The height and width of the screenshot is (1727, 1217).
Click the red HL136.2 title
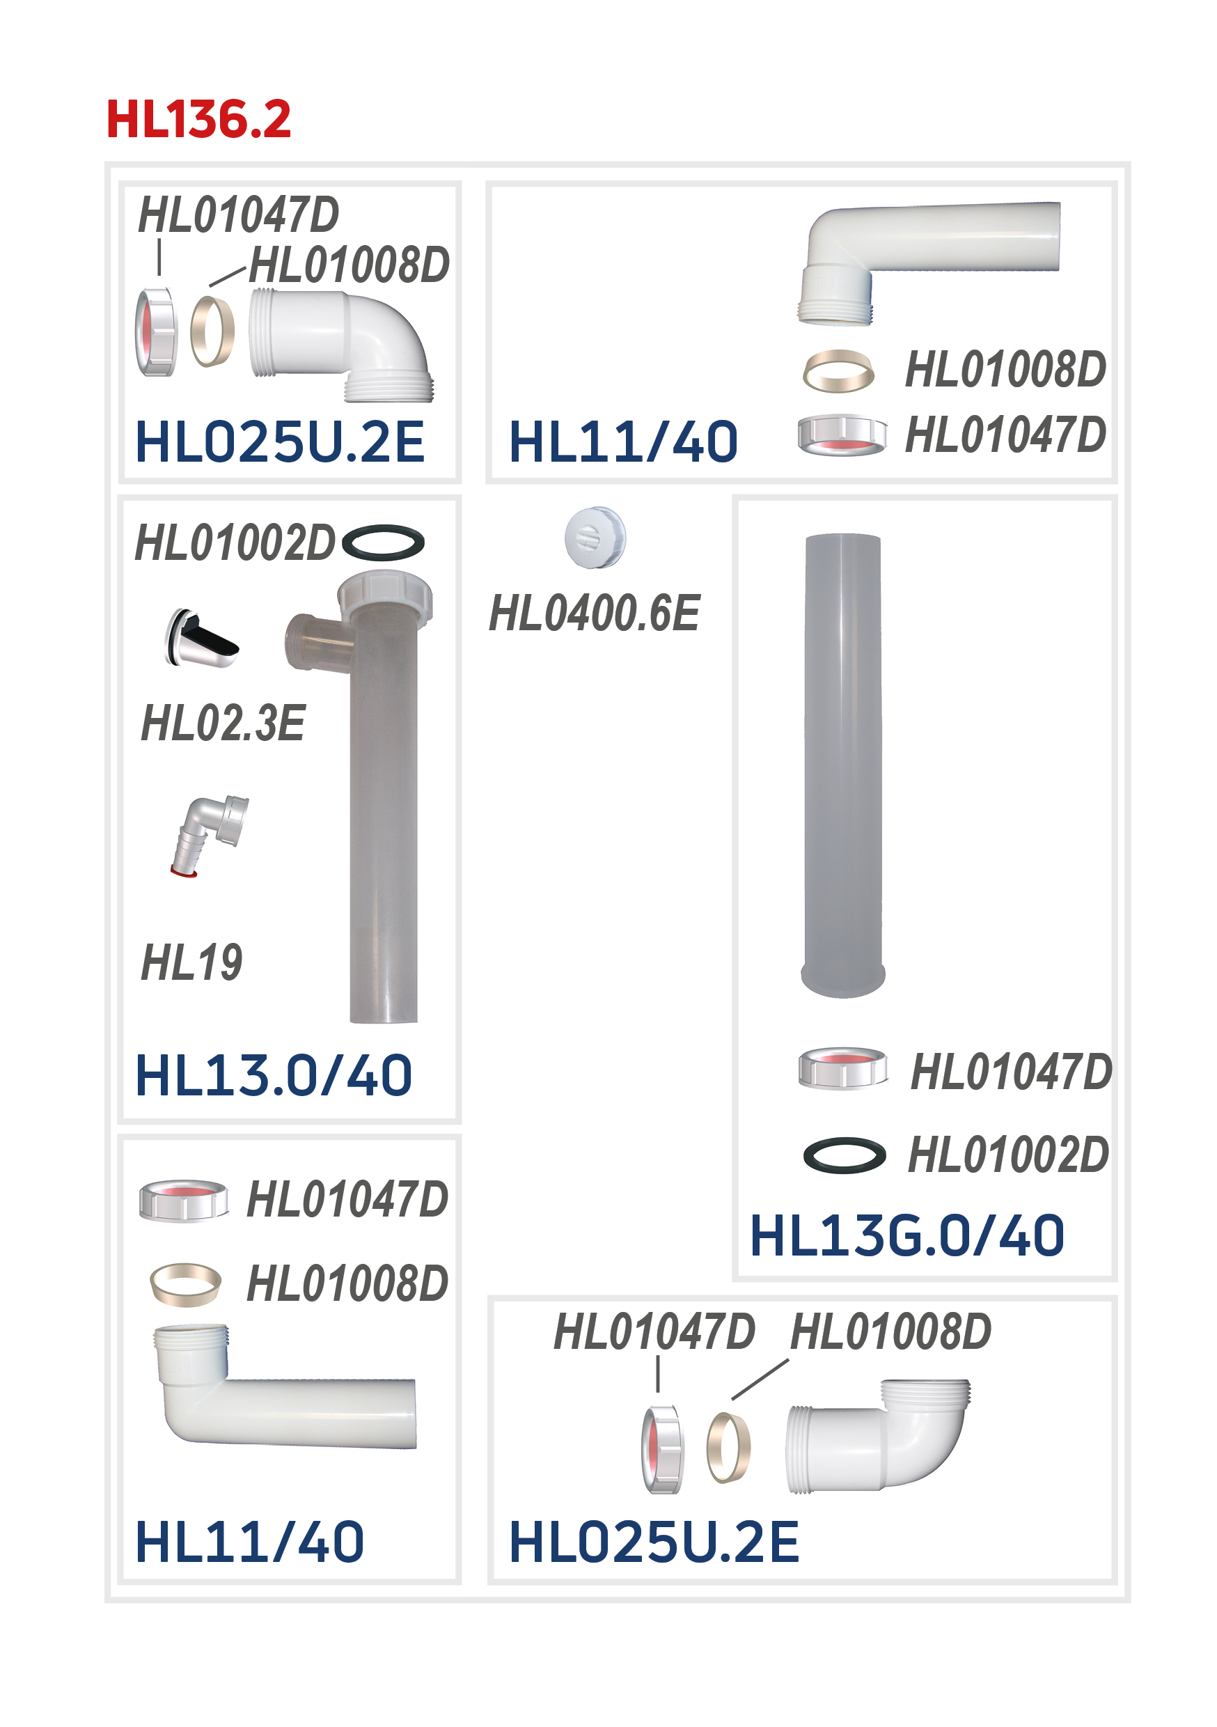tap(198, 119)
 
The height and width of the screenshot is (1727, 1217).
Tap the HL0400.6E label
tap(594, 612)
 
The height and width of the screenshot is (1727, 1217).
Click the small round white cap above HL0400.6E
tap(595, 537)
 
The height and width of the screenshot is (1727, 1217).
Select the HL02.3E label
tap(223, 722)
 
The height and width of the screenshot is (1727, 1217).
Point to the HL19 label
tap(191, 961)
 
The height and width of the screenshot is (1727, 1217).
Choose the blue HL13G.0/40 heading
tap(906, 1235)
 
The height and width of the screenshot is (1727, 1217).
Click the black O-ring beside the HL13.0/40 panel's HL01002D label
tap(383, 542)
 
